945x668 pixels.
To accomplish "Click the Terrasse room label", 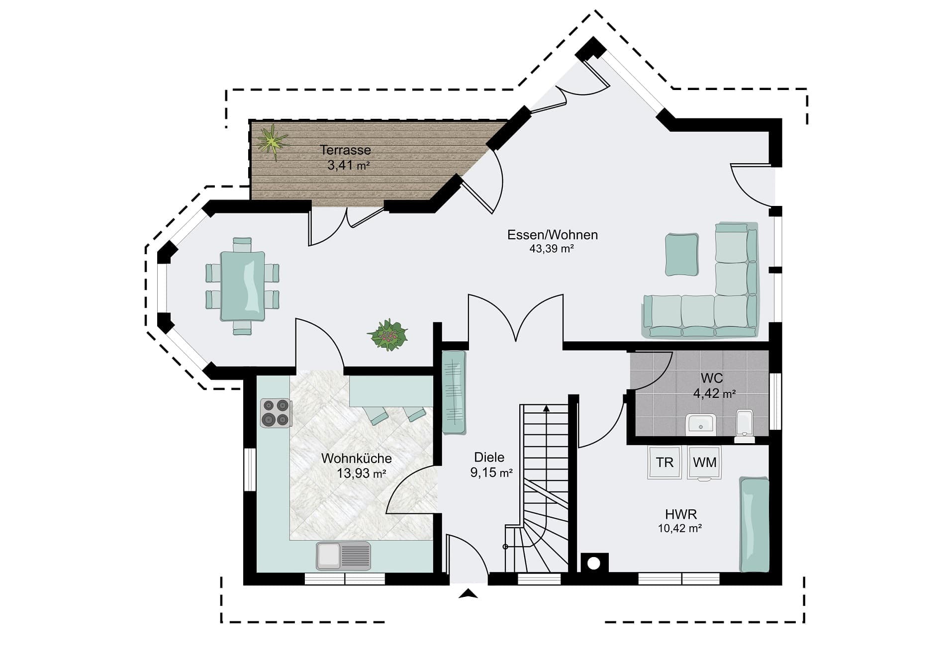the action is pos(345,150).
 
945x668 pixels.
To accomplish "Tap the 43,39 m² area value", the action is pos(552,249).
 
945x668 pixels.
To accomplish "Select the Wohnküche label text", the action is pos(356,458).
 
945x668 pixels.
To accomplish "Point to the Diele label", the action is pos(489,457).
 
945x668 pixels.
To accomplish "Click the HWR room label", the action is pos(681,514).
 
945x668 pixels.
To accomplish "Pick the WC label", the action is pos(712,378).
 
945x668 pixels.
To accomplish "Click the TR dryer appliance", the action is pos(664,463).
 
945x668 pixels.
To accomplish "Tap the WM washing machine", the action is pos(704,463).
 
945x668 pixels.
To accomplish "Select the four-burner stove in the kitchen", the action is pos(276,413).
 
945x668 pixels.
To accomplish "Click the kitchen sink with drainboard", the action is pos(344,556).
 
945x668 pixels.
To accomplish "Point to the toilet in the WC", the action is pos(745,426).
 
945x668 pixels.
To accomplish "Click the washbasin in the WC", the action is pos(701,425).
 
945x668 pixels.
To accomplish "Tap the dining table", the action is pos(242,286).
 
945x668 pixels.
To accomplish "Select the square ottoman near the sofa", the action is pos(682,254).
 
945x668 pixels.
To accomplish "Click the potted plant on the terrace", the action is pos(272,141).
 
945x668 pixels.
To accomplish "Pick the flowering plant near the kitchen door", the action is pos(388,335).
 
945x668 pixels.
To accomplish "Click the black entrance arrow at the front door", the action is pos(468,593).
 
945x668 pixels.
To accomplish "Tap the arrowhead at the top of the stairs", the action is pos(547,408).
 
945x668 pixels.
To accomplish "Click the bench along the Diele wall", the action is pos(454,392).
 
